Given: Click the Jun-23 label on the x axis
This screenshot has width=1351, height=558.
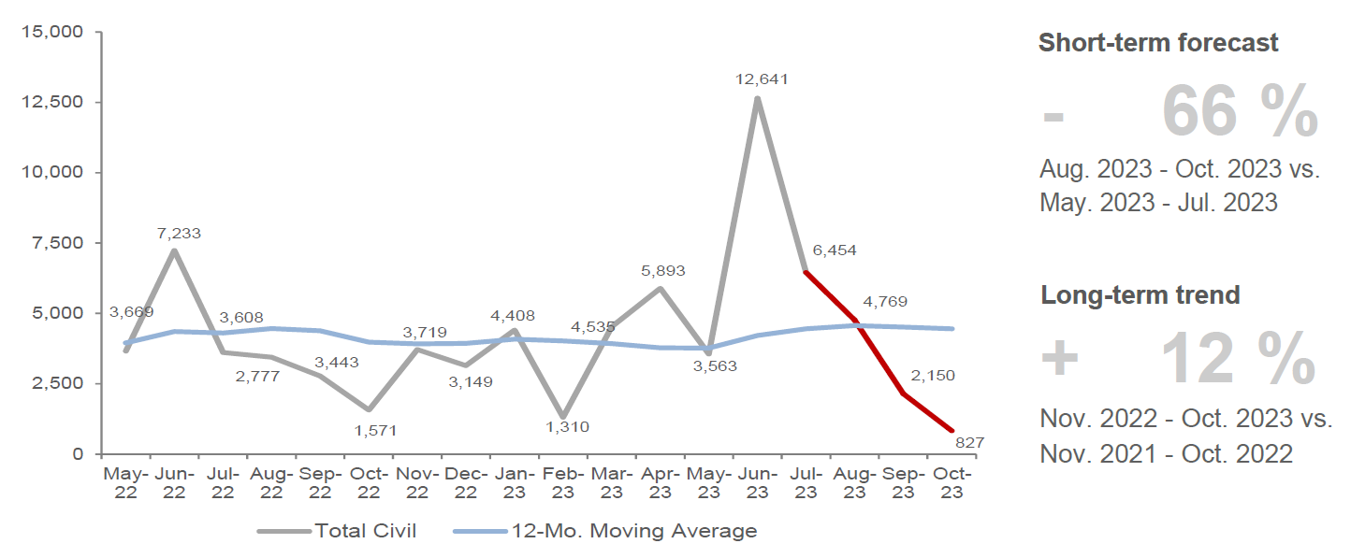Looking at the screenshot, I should (757, 482).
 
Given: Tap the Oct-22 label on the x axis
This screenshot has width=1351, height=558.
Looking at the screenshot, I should (369, 482).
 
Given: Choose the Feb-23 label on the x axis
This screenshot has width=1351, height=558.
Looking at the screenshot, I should (563, 482).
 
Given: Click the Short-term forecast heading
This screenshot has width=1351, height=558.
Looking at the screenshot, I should (1158, 43).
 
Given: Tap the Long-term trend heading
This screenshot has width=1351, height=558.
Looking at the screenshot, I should (1140, 295).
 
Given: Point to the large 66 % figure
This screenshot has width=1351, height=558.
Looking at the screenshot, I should (1240, 112).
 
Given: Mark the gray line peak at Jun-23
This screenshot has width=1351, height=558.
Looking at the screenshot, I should (757, 98).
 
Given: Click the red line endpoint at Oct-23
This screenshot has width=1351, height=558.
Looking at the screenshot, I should (952, 431).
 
